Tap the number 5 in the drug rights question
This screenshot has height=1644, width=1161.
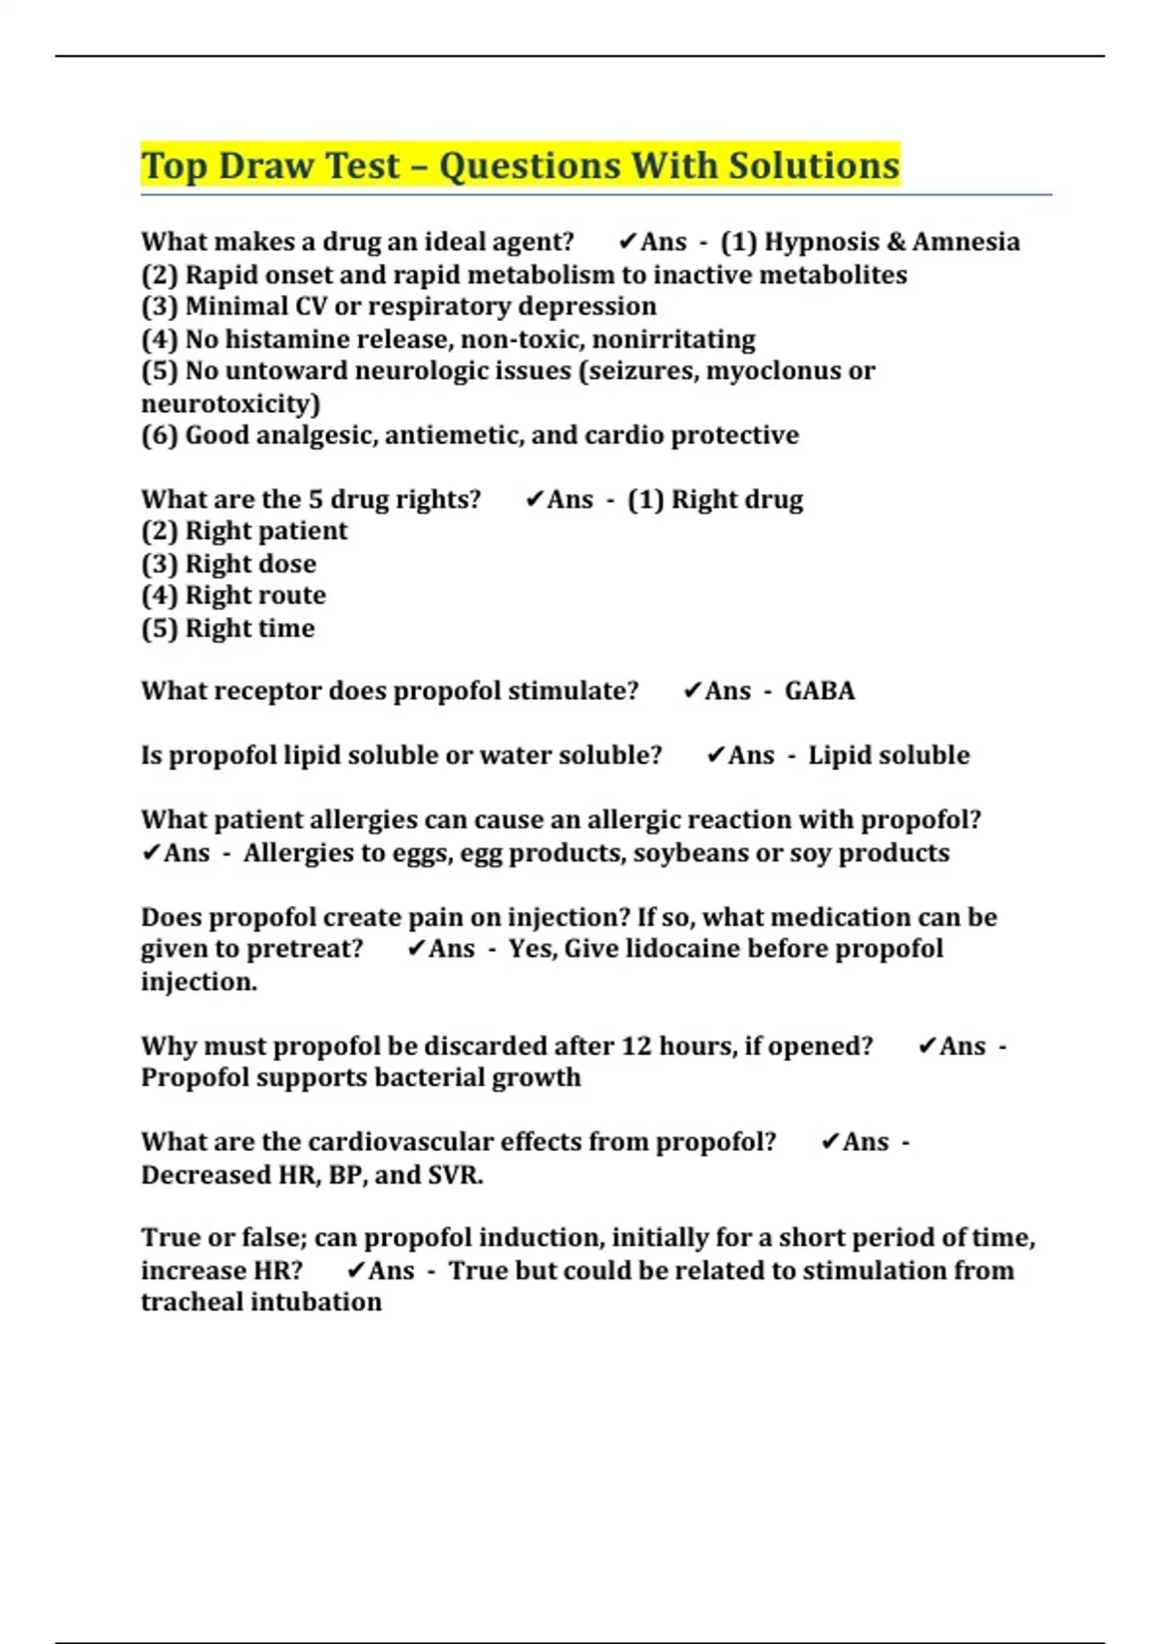click(x=315, y=500)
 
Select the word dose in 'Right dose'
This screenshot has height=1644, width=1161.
click(x=288, y=564)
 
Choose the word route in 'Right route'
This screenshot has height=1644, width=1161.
click(x=291, y=596)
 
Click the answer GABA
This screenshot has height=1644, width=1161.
click(x=819, y=691)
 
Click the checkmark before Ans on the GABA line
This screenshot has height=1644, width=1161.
click(x=691, y=690)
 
